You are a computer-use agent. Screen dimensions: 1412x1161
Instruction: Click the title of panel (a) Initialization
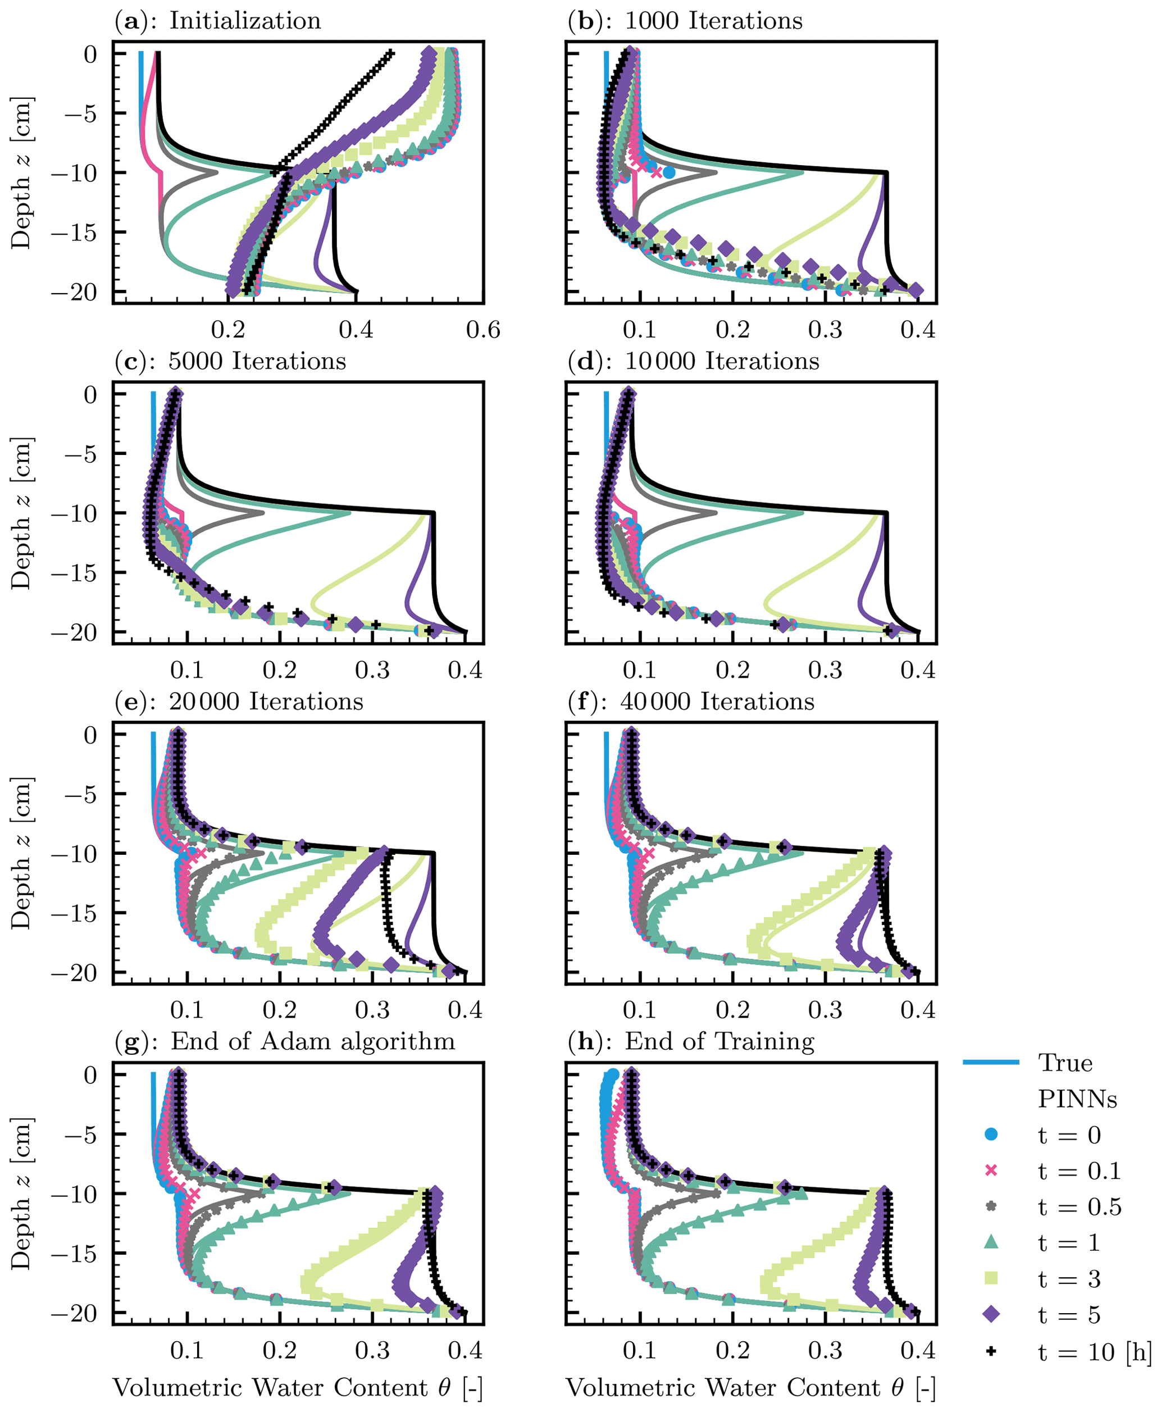[217, 21]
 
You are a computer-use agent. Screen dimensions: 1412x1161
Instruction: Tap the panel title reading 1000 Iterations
[685, 21]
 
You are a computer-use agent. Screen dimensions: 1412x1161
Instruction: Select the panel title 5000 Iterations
[230, 361]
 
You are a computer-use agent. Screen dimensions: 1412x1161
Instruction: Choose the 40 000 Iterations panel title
[691, 702]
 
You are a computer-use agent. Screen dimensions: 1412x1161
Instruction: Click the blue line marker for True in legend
[991, 1062]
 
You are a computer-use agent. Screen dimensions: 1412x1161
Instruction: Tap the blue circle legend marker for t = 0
[991, 1134]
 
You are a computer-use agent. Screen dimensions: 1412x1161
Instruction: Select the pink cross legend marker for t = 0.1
[991, 1170]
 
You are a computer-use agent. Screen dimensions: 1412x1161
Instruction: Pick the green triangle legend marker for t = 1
[991, 1242]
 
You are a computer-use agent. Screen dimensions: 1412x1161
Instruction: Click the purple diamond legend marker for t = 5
[991, 1314]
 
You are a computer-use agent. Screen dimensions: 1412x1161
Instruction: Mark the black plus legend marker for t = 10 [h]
[991, 1351]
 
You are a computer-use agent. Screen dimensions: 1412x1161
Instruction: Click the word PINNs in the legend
[1077, 1099]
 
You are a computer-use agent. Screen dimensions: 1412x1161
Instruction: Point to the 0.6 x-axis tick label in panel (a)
[483, 330]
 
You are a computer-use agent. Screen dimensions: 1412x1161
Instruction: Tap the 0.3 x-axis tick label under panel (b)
[825, 330]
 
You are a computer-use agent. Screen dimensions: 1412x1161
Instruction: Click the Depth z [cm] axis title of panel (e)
[21, 853]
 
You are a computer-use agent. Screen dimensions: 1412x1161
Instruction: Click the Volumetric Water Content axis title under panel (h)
[750, 1387]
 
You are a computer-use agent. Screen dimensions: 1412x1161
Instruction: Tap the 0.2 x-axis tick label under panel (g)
[280, 1350]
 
